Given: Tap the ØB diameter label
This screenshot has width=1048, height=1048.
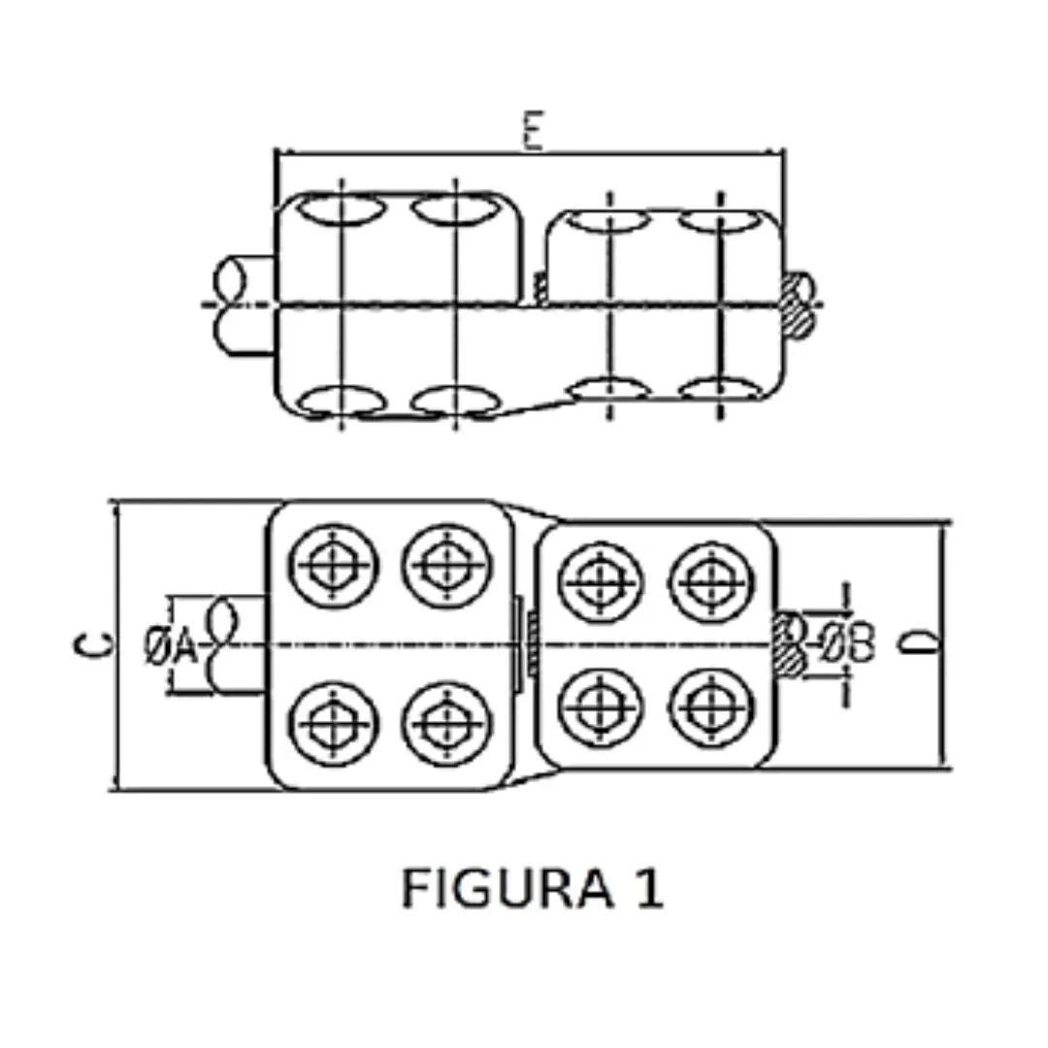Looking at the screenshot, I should pyautogui.click(x=848, y=643).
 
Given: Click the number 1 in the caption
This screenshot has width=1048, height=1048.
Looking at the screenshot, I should pyautogui.click(x=648, y=888).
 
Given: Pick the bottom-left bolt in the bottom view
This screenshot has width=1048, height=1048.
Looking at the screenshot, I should pyautogui.click(x=335, y=724).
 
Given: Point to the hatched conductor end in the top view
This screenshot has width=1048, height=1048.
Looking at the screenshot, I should pyautogui.click(x=799, y=305).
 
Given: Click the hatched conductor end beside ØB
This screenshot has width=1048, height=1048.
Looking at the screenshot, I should pyautogui.click(x=789, y=643).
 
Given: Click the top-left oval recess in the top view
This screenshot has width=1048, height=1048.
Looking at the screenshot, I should pyautogui.click(x=340, y=210).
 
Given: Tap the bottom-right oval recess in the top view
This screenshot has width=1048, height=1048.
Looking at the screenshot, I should pyautogui.click(x=718, y=392).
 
